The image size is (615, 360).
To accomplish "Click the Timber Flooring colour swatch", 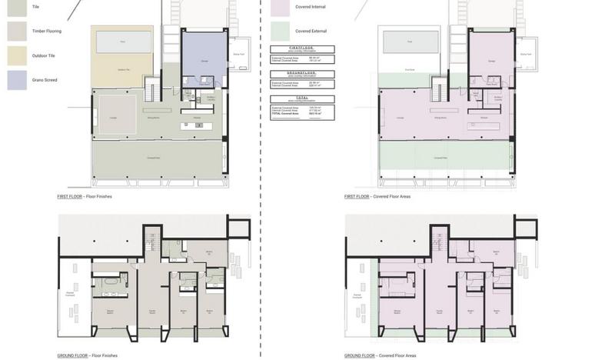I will tap(17, 31).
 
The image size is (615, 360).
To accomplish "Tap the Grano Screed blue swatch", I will tap(17, 80).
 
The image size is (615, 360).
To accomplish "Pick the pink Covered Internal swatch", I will tap(281, 7).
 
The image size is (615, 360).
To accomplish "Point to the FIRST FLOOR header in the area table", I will tap(302, 49).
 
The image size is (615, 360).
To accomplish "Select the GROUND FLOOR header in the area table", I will tap(302, 74).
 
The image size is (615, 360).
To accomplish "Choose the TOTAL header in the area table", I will tap(302, 98).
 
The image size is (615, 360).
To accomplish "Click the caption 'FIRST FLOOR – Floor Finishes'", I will tap(85, 197).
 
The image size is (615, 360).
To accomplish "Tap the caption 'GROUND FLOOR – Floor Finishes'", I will tap(88, 355).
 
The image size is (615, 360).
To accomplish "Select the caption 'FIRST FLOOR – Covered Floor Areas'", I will tap(377, 197).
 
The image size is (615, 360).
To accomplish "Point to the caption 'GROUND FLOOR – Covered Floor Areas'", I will tap(381, 355).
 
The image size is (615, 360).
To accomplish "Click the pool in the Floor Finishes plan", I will tap(123, 42).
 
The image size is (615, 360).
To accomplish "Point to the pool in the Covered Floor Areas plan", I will tap(411, 42).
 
